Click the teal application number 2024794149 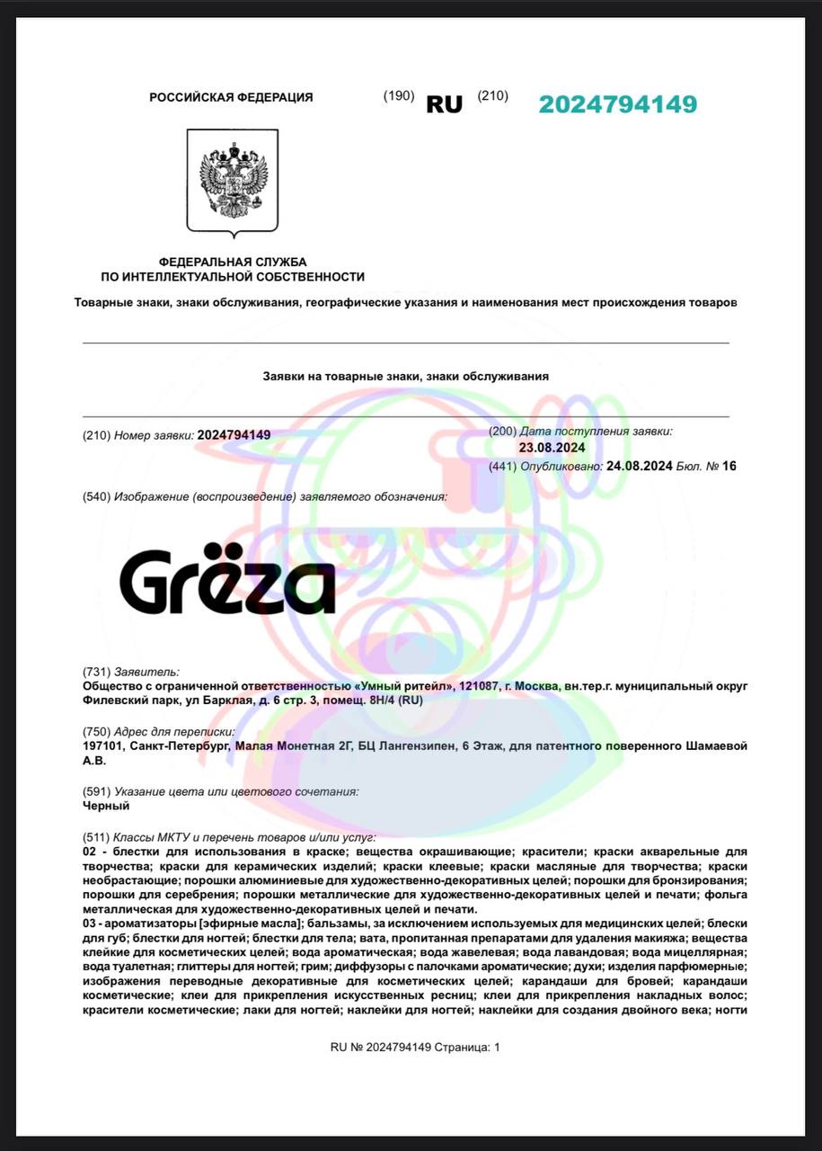click(617, 104)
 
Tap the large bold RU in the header click(444, 104)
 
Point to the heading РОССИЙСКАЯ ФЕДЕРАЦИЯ click(231, 97)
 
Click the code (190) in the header click(399, 96)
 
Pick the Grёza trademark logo click(227, 580)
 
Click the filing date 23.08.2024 click(552, 448)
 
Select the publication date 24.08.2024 click(640, 466)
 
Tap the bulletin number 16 click(729, 466)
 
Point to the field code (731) click(96, 672)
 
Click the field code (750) click(96, 732)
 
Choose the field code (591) click(96, 791)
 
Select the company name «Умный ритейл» click(403, 686)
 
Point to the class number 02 click(89, 851)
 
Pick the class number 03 click(89, 923)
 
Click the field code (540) click(96, 496)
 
